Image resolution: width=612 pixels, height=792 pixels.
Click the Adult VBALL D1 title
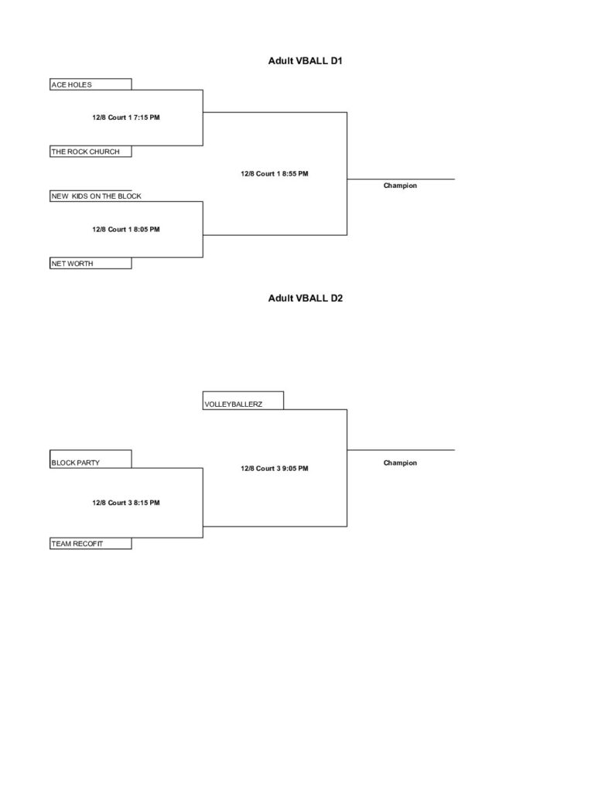point(306,61)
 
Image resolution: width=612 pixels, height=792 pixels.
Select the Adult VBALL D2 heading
point(306,299)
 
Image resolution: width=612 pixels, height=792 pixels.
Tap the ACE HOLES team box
point(91,84)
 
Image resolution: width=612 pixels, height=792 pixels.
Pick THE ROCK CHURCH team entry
point(91,152)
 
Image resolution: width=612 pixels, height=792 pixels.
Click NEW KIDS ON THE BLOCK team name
point(96,196)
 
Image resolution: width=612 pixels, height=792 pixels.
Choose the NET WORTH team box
point(91,263)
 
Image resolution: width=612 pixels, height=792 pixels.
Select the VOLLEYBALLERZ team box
point(243,401)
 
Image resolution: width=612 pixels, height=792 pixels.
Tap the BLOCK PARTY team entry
point(91,459)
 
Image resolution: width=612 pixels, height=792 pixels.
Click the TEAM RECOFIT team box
point(91,544)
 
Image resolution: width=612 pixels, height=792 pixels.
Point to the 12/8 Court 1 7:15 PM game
point(126,118)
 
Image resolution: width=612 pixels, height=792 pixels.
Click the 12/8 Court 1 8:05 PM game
point(126,229)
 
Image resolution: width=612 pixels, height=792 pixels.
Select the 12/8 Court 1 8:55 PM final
point(275,174)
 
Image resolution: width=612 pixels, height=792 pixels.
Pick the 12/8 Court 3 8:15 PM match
point(126,503)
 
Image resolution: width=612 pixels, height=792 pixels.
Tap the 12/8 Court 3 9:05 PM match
point(275,469)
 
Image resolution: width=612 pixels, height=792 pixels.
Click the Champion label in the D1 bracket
point(400,186)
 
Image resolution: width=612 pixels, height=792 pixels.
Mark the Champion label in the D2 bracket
point(400,463)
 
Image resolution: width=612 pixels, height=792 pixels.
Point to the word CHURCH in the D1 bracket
point(104,152)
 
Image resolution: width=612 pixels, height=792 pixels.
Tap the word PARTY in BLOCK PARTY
point(88,463)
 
